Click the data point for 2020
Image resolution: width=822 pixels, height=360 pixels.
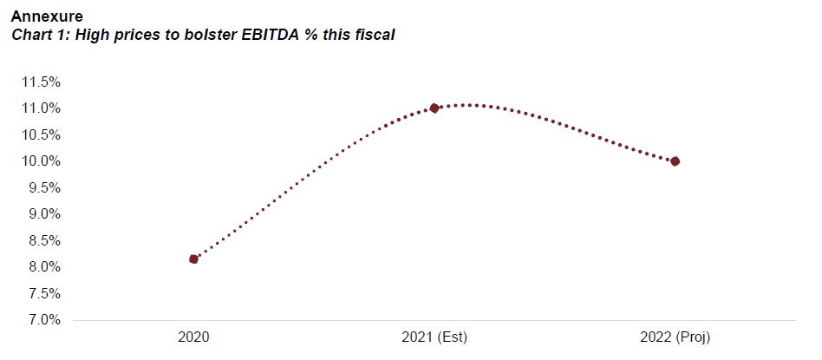pyautogui.click(x=193, y=259)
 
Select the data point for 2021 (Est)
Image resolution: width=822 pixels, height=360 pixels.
pyautogui.click(x=434, y=108)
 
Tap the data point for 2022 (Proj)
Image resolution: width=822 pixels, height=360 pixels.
pyautogui.click(x=675, y=161)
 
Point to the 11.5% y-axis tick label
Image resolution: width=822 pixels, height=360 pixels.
pyautogui.click(x=40, y=82)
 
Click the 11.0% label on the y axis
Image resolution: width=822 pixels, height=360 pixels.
pyautogui.click(x=40, y=108)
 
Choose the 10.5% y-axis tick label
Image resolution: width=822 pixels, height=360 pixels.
pyautogui.click(x=40, y=134)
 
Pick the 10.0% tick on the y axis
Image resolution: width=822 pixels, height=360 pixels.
pyautogui.click(x=40, y=161)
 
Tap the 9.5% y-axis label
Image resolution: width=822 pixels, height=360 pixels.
pyautogui.click(x=43, y=187)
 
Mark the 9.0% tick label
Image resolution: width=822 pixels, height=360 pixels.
pyautogui.click(x=43, y=214)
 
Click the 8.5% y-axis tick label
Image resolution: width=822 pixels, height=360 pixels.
pyautogui.click(x=43, y=240)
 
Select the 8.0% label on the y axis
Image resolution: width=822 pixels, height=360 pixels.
pyautogui.click(x=43, y=267)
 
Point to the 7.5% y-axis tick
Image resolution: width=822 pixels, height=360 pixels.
pyautogui.click(x=43, y=293)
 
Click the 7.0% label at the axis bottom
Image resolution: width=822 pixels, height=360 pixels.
pyautogui.click(x=43, y=320)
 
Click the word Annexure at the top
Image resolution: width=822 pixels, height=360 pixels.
pyautogui.click(x=47, y=16)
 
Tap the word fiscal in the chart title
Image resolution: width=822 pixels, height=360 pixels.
pyautogui.click(x=375, y=36)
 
